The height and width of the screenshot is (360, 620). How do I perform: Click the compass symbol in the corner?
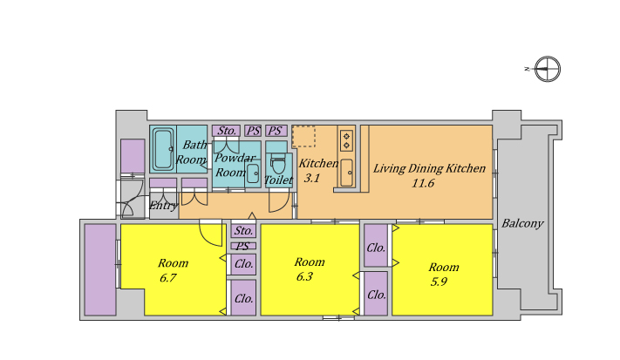pyautogui.click(x=548, y=69)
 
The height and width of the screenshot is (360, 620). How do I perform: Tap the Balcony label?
pyautogui.click(x=522, y=224)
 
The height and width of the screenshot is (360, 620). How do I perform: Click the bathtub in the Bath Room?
pyautogui.click(x=163, y=149)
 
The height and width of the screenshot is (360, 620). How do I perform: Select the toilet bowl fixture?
pyautogui.click(x=278, y=163)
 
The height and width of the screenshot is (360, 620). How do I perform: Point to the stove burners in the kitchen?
pyautogui.click(x=346, y=140)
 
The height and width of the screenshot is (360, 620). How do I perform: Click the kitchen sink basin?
pyautogui.click(x=347, y=173)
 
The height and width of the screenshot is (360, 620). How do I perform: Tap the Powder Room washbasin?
pyautogui.click(x=253, y=173)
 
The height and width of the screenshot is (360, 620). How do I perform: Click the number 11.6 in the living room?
pyautogui.click(x=423, y=183)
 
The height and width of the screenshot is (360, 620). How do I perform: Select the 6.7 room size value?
pyautogui.click(x=168, y=278)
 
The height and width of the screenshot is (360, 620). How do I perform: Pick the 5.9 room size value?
pyautogui.click(x=439, y=282)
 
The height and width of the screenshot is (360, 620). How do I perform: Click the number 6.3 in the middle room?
pyautogui.click(x=304, y=276)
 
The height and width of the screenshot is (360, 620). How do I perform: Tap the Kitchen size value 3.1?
pyautogui.click(x=311, y=178)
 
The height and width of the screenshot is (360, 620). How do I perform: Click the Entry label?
pyautogui.click(x=163, y=206)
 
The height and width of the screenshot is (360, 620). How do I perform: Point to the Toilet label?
pyautogui.click(x=278, y=180)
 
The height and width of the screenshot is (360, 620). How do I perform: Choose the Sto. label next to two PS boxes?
pyautogui.click(x=227, y=131)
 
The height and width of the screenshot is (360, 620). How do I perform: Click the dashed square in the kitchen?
pyautogui.click(x=303, y=137)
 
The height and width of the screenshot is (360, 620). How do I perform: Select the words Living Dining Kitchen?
pyautogui.click(x=429, y=169)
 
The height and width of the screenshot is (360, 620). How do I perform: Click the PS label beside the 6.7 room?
pyautogui.click(x=242, y=246)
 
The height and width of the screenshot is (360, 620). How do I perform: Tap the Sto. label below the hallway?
pyautogui.click(x=243, y=230)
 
